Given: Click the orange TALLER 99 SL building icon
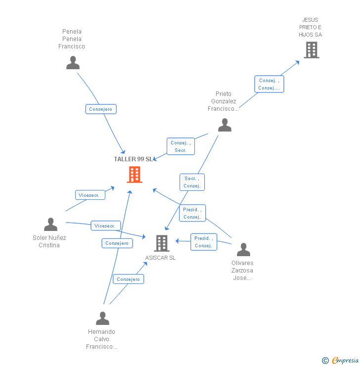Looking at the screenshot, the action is pos(135,175).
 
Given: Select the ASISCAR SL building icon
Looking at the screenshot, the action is pos(162,243).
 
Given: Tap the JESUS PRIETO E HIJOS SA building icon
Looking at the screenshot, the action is pos(311,50).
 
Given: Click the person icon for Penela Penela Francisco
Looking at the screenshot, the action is pos(73,63).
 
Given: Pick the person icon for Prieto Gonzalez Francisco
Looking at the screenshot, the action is pos(225,125).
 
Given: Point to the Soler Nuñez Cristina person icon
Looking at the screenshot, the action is pos(50,225).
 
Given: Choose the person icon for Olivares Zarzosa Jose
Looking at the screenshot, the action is pos(243,250).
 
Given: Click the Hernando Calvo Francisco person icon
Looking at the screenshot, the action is pos(102,318).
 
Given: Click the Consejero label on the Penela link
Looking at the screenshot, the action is pos(101,109).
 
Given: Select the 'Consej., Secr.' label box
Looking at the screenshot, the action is pos(180,146).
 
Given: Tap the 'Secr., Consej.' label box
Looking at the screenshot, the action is pos(192,182).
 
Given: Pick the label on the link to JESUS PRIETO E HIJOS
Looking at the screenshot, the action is pos(269,84).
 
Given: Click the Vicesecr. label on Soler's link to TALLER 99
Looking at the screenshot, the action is pos(89,195).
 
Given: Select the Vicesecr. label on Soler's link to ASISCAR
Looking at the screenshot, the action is pos(105,226).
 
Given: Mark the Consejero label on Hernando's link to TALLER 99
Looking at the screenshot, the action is pos(117,243).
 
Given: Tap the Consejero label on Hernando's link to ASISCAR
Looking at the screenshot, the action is pos(129,279).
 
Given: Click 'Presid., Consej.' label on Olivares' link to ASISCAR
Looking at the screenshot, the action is pos(203,242).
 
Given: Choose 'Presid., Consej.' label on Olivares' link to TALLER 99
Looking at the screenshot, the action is pos(192,213).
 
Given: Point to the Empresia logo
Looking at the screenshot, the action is pos(341,360).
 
